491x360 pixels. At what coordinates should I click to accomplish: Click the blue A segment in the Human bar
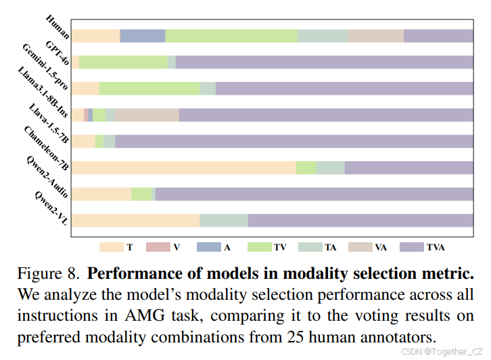coord(143,36)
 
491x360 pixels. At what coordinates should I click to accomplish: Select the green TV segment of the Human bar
coord(231,36)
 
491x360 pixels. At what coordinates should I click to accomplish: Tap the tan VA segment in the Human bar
coord(376,36)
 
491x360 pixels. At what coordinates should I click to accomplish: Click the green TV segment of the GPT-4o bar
coord(123,62)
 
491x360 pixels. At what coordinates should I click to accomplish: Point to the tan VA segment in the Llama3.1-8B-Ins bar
coord(147,115)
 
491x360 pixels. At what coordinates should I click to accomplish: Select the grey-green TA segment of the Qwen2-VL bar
coord(224,221)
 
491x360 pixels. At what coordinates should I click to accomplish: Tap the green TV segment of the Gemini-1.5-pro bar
coord(149,89)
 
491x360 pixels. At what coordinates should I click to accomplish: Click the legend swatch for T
coord(111,248)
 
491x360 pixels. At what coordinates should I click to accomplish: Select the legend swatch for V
coord(156,248)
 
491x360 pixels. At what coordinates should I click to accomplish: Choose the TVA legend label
coord(436,248)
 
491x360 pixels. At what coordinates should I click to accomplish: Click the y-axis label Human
coord(58,23)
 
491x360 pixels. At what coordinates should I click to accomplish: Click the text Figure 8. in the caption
coord(49,275)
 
